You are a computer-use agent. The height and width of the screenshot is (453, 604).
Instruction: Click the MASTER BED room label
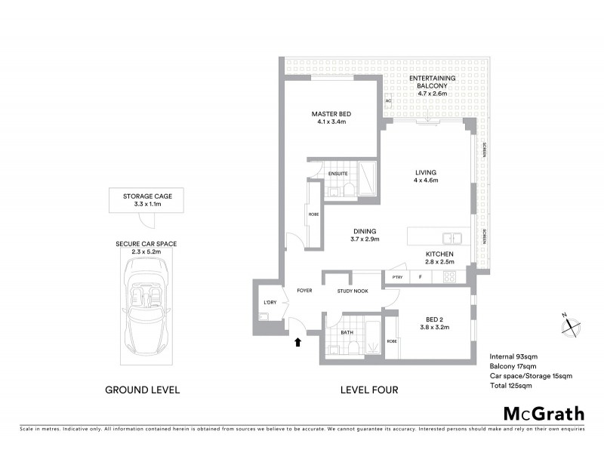pyautogui.click(x=331, y=115)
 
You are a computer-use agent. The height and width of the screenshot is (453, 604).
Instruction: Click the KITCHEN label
pyautogui.click(x=439, y=254)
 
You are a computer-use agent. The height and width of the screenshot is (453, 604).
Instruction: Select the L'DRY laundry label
pyautogui.click(x=269, y=302)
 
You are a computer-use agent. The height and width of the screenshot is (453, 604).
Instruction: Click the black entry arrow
pyautogui.click(x=297, y=342)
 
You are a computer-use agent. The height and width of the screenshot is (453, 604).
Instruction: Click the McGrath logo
pyautogui.click(x=544, y=413)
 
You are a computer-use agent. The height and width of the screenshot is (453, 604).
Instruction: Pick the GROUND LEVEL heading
pyautogui.click(x=143, y=390)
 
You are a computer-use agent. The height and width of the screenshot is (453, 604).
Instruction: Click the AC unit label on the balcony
pyautogui.click(x=388, y=100)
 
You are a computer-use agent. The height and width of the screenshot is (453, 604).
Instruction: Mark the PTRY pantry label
pyautogui.click(x=396, y=278)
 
